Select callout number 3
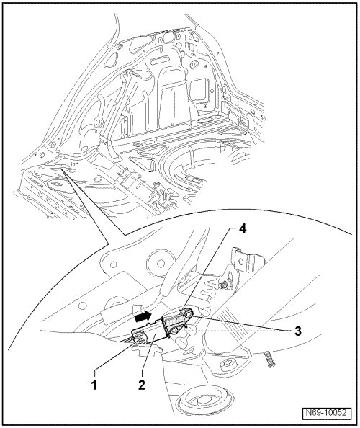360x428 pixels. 297,331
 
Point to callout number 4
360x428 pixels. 242,228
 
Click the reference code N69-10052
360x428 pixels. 326,413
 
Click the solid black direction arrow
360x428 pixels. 143,317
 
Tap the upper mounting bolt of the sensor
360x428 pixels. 188,314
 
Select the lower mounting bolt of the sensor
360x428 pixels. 174,331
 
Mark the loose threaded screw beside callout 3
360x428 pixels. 269,360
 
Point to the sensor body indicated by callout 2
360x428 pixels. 152,334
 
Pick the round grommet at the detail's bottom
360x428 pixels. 204,402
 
